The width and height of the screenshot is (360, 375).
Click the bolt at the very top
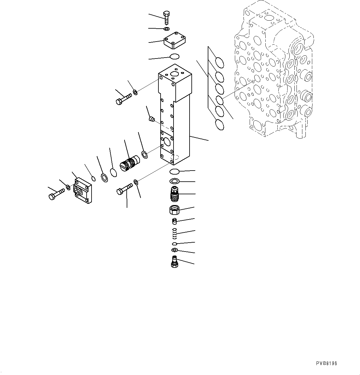[x=166, y=18]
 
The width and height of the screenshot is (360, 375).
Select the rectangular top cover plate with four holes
[x=174, y=41]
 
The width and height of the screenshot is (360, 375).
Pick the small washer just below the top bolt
[x=166, y=29]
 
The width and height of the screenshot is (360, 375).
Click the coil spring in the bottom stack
[x=174, y=233]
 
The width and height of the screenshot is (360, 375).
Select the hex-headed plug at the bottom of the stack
[x=174, y=262]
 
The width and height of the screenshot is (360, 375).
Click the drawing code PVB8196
[x=326, y=364]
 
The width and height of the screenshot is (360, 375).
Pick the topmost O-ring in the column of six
[x=219, y=62]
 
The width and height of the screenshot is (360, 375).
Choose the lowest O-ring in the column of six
[x=219, y=124]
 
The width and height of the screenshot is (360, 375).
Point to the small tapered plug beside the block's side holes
[x=151, y=119]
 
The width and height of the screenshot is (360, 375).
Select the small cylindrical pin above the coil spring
[x=174, y=220]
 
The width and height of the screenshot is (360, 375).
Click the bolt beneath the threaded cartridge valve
[x=125, y=188]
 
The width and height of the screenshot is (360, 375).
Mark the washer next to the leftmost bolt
[x=67, y=187]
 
